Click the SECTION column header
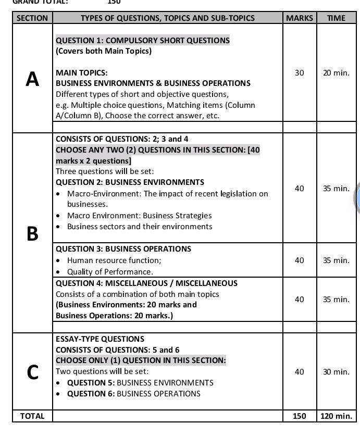click(32, 18)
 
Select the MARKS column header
click(300, 18)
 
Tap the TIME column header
click(336, 18)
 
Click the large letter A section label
click(32, 79)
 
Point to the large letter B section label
click(32, 234)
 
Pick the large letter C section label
click(32, 372)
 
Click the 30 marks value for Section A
click(299, 73)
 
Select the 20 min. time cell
click(336, 73)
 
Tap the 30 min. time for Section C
click(336, 371)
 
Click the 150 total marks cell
click(299, 416)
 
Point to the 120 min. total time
click(336, 416)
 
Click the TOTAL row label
click(32, 416)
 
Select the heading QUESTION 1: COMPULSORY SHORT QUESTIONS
click(142, 40)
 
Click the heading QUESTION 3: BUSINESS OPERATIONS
click(123, 249)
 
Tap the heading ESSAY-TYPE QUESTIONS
click(100, 339)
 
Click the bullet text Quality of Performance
click(110, 272)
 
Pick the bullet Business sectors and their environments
click(140, 227)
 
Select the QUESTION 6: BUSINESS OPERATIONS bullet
click(133, 394)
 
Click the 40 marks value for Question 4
click(299, 299)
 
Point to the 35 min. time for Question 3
click(336, 260)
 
